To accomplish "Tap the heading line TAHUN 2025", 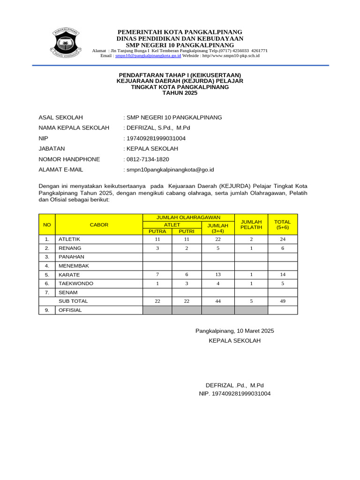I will pyautogui.click(x=180, y=93).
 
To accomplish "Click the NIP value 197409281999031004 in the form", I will pyautogui.click(x=155, y=138).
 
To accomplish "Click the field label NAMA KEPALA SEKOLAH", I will pyautogui.click(x=74, y=128).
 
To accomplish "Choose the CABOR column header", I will pyautogui.click(x=99, y=225).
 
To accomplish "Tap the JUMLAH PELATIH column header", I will pyautogui.click(x=251, y=225).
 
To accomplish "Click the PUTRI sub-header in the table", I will pyautogui.click(x=187, y=231).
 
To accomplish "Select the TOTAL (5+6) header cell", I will pyautogui.click(x=282, y=225).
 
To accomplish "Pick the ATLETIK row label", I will pyautogui.click(x=69, y=239).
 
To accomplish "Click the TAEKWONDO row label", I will pyautogui.click(x=75, y=284).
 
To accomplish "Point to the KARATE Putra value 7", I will pyautogui.click(x=157, y=275).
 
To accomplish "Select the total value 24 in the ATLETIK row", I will pyautogui.click(x=283, y=239).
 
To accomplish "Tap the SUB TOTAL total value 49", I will pyautogui.click(x=283, y=301).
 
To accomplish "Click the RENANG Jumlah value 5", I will pyautogui.click(x=218, y=248).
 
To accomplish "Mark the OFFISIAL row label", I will pyautogui.click(x=70, y=310).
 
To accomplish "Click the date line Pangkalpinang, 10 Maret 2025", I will pyautogui.click(x=234, y=331).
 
